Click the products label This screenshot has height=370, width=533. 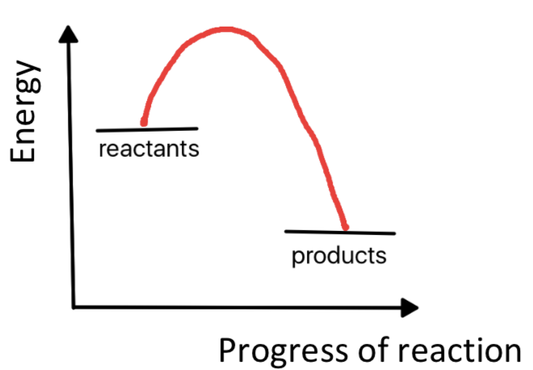click(x=339, y=257)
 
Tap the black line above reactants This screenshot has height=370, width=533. click(x=147, y=128)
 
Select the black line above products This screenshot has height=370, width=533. click(x=340, y=232)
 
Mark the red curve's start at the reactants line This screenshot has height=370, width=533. click(x=144, y=124)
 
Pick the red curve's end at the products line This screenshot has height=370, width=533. click(x=346, y=227)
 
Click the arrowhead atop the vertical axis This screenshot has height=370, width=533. click(x=70, y=34)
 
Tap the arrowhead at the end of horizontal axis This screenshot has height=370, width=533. click(x=410, y=307)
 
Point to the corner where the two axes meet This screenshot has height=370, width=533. click(x=73, y=307)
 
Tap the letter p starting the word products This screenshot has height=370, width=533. click(x=296, y=259)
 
